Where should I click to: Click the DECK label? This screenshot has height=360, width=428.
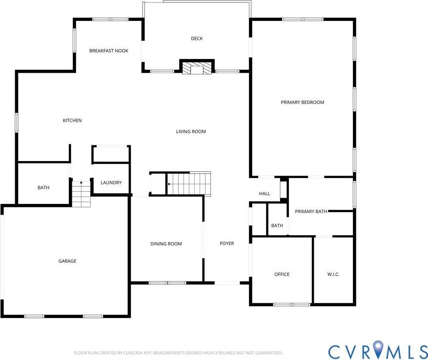coord(197,39)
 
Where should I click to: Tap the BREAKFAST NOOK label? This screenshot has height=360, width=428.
coord(108,51)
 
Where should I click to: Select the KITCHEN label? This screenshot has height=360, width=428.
coord(72,120)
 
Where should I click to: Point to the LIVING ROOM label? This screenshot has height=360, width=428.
coord(191,131)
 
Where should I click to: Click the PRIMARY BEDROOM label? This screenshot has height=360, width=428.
coord(302,102)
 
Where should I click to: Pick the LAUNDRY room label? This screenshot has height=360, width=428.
coord(111,183)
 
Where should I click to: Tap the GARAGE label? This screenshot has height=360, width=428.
coord(67,261)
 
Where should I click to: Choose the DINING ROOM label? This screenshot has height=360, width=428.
coord(166,244)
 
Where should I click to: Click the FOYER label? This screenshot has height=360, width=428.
coord(227,244)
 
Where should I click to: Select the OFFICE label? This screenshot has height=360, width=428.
coord(282,274)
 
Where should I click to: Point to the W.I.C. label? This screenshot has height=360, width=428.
coord(333,274)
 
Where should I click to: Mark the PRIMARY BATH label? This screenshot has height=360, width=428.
coord(311,212)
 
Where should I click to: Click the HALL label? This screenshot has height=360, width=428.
coord(265,194)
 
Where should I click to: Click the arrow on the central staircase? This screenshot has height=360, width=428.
coord(169,184)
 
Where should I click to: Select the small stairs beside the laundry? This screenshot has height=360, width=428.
coord(82,193)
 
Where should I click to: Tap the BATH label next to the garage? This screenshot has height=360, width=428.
coord(43,188)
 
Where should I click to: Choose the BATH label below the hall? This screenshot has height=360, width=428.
coord(277,225)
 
